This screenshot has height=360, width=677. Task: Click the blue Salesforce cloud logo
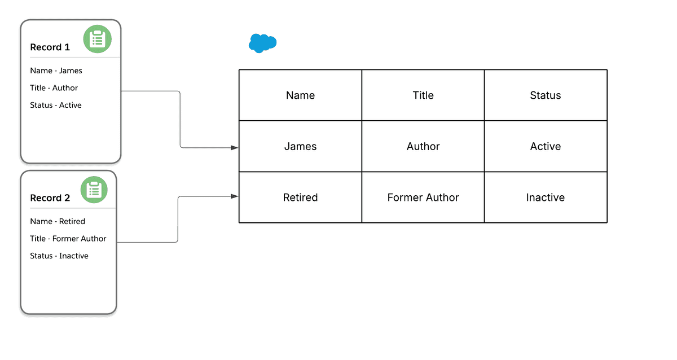262,43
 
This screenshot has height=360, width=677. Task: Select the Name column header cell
300,95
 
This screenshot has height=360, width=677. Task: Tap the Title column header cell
423,95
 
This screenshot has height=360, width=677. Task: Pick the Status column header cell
546,95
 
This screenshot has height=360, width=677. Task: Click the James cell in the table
300,146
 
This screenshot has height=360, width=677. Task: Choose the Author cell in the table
423,146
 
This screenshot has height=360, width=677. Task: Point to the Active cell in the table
546,146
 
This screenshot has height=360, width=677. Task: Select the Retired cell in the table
300,197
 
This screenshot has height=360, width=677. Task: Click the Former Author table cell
423,197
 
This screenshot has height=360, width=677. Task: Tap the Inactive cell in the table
546,197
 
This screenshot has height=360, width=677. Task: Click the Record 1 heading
50,47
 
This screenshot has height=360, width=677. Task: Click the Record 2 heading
50,198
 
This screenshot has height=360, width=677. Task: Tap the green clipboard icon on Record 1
98,39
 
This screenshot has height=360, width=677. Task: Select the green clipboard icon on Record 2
94,190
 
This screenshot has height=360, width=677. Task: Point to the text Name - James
56,71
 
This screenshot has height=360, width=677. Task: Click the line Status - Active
56,105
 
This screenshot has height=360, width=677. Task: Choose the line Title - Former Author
68,239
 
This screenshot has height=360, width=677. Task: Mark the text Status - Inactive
59,256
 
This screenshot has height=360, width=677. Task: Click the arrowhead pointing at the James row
234,148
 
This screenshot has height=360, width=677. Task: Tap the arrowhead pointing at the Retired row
234,196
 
